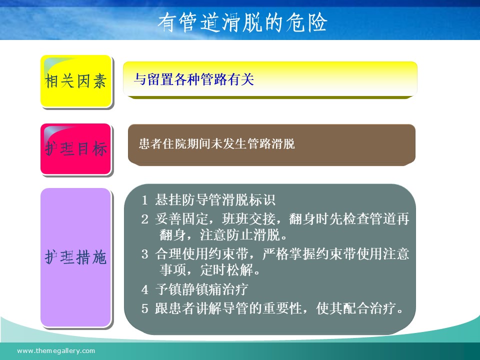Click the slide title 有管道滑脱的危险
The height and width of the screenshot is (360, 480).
[242, 22]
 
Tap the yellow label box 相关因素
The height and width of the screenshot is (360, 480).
[76, 81]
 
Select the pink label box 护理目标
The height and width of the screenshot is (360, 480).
[76, 149]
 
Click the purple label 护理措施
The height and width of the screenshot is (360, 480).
[75, 257]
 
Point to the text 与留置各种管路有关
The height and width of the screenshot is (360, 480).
[194, 79]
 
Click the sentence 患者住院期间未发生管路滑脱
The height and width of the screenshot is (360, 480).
[216, 143]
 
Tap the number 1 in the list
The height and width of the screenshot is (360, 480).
[144, 200]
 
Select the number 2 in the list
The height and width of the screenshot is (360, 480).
[145, 219]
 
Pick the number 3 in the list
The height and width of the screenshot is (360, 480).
[145, 254]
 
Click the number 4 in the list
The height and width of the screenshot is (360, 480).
[145, 289]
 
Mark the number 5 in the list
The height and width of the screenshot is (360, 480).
[145, 308]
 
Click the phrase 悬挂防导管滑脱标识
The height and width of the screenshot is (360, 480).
[215, 200]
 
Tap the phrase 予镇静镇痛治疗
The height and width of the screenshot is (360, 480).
[201, 289]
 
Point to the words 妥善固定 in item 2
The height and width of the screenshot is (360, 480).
[181, 219]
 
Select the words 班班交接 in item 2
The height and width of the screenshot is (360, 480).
[248, 219]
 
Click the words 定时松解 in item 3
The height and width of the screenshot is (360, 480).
[226, 270]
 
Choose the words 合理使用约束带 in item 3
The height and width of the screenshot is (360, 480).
[201, 254]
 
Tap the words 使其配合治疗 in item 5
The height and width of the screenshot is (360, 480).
[356, 308]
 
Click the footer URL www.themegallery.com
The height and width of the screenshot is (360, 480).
[56, 351]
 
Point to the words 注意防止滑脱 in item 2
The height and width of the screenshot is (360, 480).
[240, 235]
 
